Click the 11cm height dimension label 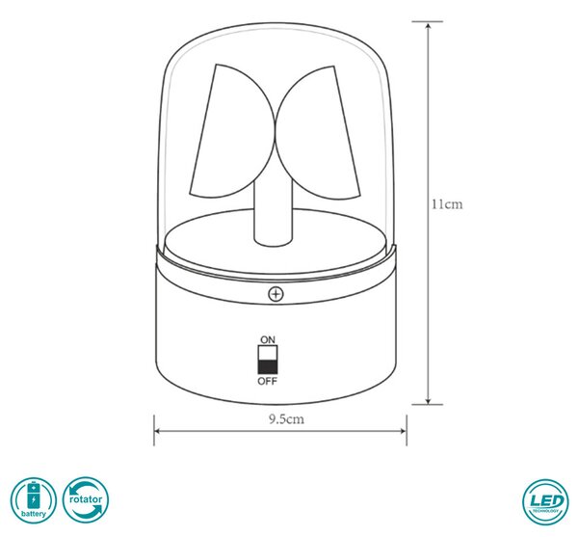(447, 204)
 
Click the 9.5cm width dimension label (286, 419)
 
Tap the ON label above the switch (268, 339)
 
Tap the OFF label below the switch (267, 381)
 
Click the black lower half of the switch (268, 367)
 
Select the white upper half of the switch (268, 353)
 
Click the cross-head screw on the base (276, 294)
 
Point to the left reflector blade (228, 133)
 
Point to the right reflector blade (319, 133)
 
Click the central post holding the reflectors (274, 214)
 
